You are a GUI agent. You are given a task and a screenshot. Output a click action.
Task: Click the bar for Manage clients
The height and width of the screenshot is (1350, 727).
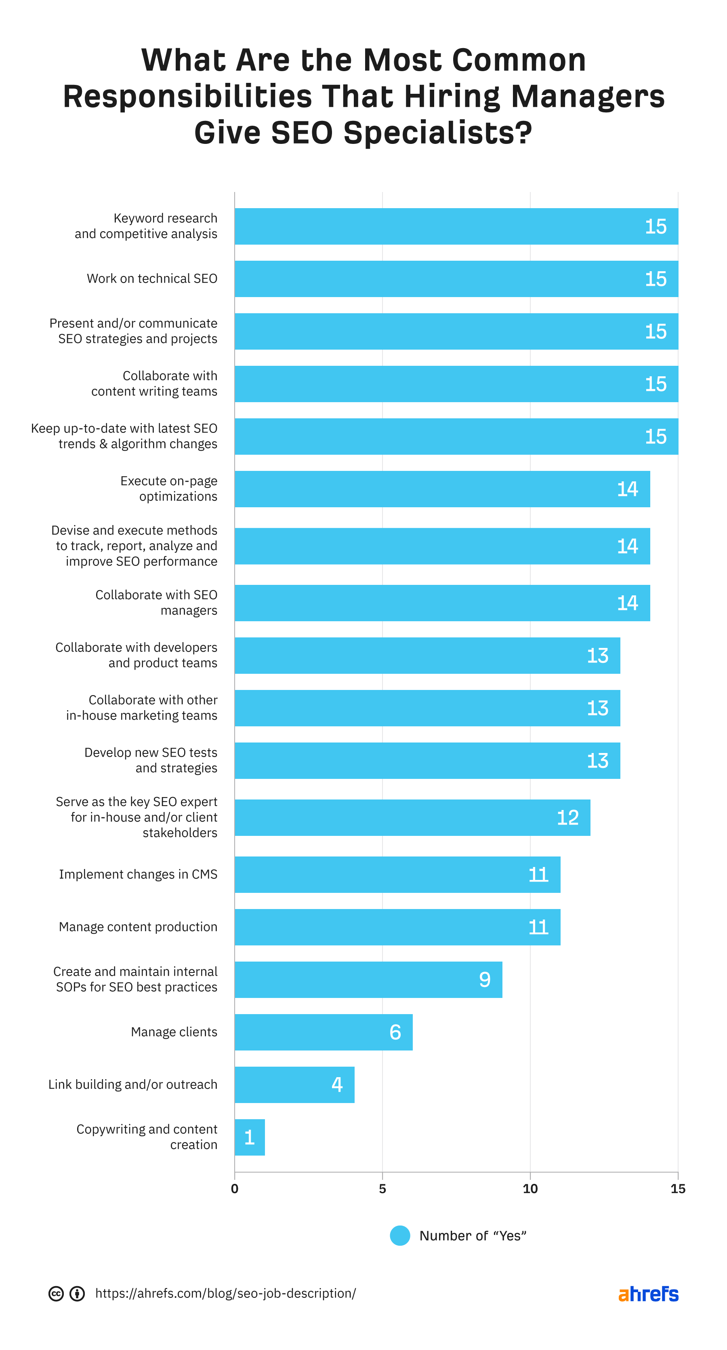323,1032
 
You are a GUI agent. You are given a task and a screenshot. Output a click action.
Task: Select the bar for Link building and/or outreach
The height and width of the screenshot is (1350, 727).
294,1084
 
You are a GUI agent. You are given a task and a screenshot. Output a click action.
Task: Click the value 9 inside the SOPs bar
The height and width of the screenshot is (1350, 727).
485,979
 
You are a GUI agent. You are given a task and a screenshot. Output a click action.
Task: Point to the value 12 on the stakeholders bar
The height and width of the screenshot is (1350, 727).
567,818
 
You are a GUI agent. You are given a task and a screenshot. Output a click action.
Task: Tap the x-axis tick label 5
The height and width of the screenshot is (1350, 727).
382,1189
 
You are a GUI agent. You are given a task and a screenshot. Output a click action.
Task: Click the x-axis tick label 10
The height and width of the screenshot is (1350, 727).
530,1189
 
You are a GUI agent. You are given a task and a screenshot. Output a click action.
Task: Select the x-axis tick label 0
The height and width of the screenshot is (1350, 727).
235,1189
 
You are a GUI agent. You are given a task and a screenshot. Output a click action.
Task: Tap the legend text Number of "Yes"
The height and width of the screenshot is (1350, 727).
473,1236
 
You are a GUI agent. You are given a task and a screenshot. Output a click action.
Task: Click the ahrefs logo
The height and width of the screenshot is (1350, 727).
648,1293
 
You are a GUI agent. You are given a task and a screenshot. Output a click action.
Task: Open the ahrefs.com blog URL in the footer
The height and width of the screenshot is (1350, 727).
225,1293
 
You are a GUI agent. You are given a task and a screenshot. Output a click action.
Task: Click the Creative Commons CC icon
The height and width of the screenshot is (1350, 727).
56,1293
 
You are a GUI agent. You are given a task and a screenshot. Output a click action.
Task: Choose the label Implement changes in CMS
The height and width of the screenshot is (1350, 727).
138,874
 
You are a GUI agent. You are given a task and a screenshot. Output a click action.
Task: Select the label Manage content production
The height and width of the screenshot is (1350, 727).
138,926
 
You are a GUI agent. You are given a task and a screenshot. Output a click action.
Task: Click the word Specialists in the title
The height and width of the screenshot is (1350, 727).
437,133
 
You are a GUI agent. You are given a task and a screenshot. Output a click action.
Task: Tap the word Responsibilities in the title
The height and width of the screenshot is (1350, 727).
187,97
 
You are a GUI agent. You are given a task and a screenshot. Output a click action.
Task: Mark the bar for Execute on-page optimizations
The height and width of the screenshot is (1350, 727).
442,489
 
